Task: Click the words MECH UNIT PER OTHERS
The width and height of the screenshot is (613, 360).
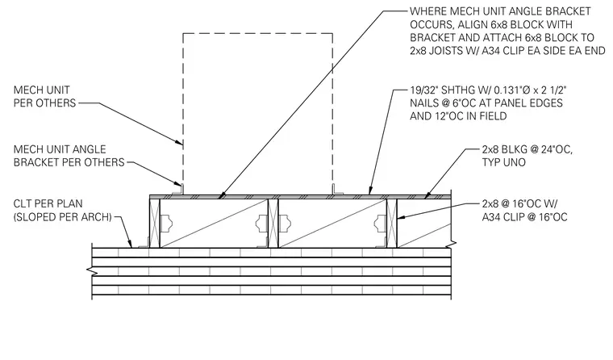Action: [x=44, y=96]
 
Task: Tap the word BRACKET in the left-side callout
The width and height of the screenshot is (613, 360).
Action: [x=35, y=162]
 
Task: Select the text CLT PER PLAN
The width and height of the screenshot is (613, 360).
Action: [x=48, y=204]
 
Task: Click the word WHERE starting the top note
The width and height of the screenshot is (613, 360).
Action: [x=425, y=11]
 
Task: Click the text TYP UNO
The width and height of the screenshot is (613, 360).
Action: [x=503, y=162]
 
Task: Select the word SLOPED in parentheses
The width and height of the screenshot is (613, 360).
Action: [x=35, y=217]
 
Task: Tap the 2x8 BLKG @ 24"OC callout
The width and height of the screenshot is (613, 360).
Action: [x=527, y=149]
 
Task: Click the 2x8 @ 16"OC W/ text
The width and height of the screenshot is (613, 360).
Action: [x=520, y=204]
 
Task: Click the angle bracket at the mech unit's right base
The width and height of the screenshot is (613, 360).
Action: [x=337, y=190]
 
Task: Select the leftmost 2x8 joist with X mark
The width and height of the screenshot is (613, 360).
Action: [x=155, y=223]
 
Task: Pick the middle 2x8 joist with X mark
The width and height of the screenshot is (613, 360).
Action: [x=273, y=223]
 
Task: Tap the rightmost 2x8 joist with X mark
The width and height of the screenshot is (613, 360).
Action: [x=392, y=223]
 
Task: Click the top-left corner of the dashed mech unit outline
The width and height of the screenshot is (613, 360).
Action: [x=183, y=34]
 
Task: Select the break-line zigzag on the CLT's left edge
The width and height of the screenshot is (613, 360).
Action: [x=92, y=270]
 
